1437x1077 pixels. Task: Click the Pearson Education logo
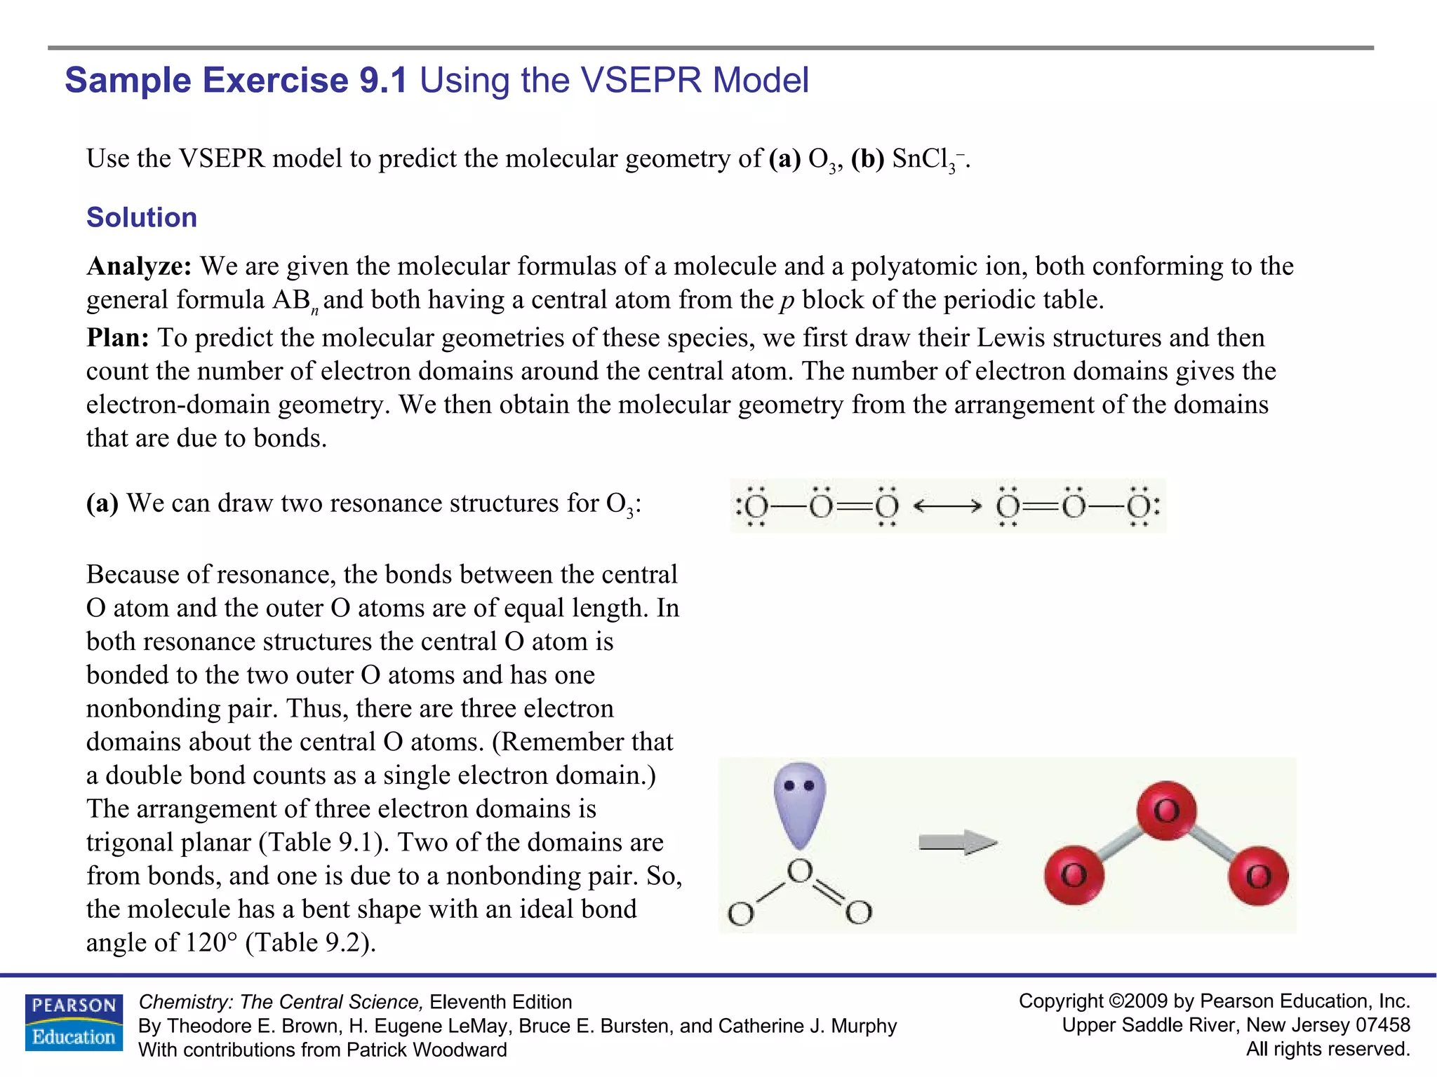(74, 1022)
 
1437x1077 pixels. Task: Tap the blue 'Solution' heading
(142, 217)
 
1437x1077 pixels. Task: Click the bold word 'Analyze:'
(139, 266)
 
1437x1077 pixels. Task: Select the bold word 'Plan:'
(118, 338)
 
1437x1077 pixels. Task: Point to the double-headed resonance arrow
(947, 506)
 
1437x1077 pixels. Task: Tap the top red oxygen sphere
(1166, 811)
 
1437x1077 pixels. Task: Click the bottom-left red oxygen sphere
(1074, 875)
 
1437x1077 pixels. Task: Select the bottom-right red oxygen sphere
(1259, 876)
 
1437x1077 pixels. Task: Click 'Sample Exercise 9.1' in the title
(236, 80)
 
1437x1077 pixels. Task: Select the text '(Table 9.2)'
(310, 942)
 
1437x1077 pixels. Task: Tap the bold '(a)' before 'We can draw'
(102, 503)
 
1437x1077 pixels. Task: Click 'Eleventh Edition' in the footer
(501, 1002)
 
